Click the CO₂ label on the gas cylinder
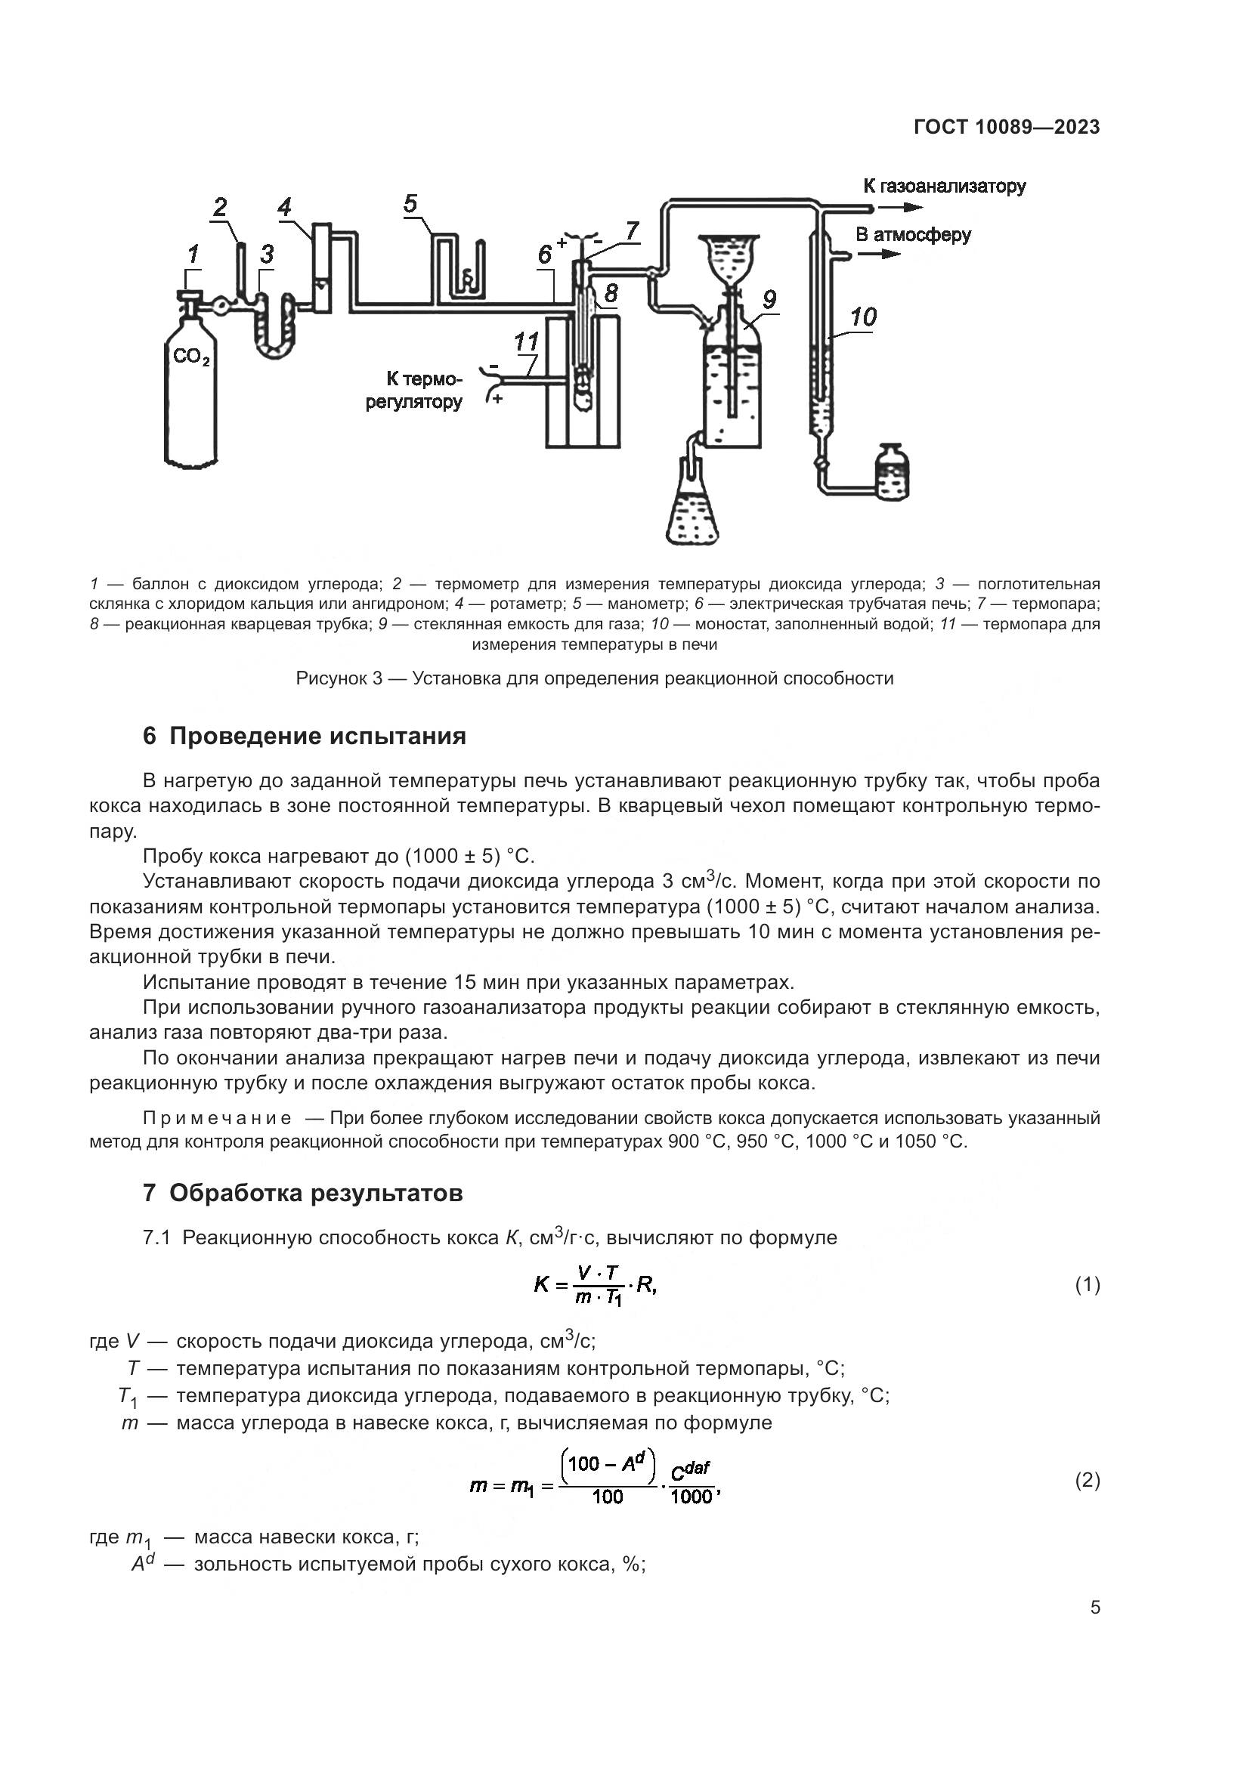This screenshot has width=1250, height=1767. coord(191,357)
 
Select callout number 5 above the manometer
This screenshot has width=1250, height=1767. coord(410,204)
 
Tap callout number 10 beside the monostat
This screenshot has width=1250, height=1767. coord(863,317)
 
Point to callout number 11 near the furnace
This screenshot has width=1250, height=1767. coord(527,341)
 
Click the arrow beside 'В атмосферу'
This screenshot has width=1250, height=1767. coord(880,254)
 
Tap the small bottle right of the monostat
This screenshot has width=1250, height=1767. coord(892,471)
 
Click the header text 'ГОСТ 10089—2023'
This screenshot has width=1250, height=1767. coord(1006,127)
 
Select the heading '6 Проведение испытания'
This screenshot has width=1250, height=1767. coord(305,736)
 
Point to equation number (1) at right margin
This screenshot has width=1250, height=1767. coord(1087,1284)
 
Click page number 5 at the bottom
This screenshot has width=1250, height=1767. coord(1094,1608)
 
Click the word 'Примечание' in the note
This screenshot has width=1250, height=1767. coord(217,1118)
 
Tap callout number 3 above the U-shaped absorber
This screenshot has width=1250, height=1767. coord(266,254)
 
